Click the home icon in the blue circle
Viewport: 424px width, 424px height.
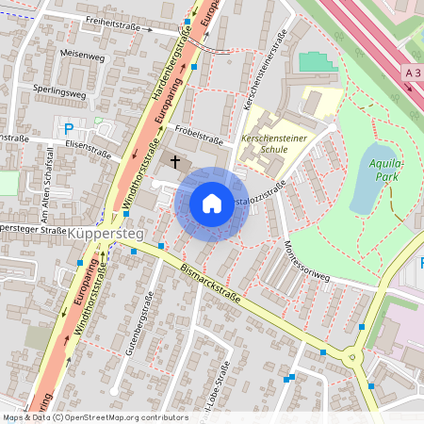pyautogui.click(x=212, y=204)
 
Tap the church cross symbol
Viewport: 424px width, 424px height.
pyautogui.click(x=174, y=161)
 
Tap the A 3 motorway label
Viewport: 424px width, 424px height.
pyautogui.click(x=412, y=71)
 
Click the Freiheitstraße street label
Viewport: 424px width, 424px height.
pyautogui.click(x=119, y=28)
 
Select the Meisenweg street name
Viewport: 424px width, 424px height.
pyautogui.click(x=82, y=56)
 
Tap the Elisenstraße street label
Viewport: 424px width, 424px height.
pyautogui.click(x=89, y=148)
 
